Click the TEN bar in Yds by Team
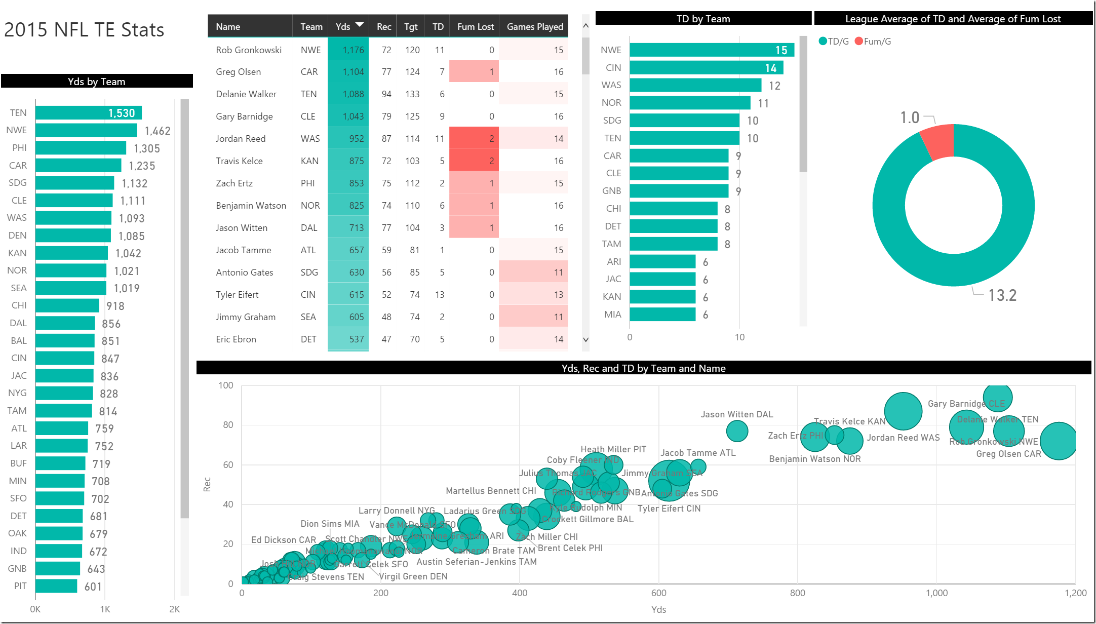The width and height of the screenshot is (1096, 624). pyautogui.click(x=88, y=113)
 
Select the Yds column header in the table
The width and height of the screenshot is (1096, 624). pyautogui.click(x=343, y=27)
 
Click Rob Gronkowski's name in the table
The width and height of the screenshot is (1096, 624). pyautogui.click(x=249, y=50)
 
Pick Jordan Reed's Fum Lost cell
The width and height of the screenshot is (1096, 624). pyautogui.click(x=474, y=138)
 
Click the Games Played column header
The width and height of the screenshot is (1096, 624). pyautogui.click(x=535, y=27)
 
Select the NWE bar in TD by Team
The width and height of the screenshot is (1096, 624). pyautogui.click(x=712, y=50)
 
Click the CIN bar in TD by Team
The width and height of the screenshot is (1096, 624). pyautogui.click(x=706, y=68)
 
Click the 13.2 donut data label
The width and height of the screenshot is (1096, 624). pyautogui.click(x=1002, y=295)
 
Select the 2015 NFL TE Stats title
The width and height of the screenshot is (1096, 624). pyautogui.click(x=84, y=30)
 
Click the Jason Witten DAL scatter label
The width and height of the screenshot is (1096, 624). pyautogui.click(x=737, y=414)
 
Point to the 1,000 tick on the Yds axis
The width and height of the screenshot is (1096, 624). pyautogui.click(x=936, y=593)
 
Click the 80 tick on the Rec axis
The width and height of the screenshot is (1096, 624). pyautogui.click(x=228, y=425)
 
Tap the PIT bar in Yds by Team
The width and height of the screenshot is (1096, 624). pyautogui.click(x=56, y=586)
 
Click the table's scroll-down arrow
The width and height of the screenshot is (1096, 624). pyautogui.click(x=586, y=340)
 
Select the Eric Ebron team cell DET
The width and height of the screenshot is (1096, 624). pyautogui.click(x=308, y=339)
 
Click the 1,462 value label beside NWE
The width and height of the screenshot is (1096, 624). pyautogui.click(x=158, y=131)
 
